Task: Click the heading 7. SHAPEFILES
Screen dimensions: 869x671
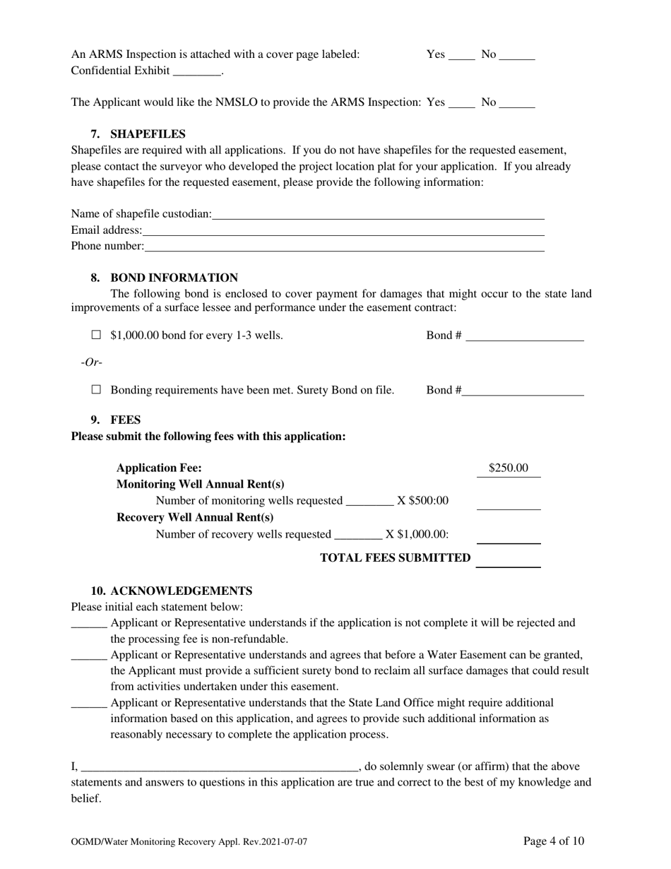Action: click(138, 134)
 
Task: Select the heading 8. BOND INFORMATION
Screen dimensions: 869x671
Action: click(164, 278)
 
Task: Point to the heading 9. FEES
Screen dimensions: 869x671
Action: click(116, 420)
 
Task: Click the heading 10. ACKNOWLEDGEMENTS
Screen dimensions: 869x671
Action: click(172, 591)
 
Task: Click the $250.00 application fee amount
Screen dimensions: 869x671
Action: click(508, 468)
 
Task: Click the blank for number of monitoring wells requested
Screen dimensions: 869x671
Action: click(369, 501)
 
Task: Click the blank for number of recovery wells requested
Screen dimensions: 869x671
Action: click(358, 534)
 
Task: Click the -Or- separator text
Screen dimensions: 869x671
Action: click(91, 362)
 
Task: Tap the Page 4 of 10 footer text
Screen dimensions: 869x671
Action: click(554, 841)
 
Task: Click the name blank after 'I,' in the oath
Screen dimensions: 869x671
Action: click(220, 767)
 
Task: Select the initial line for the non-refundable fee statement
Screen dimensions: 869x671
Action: click(89, 623)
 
